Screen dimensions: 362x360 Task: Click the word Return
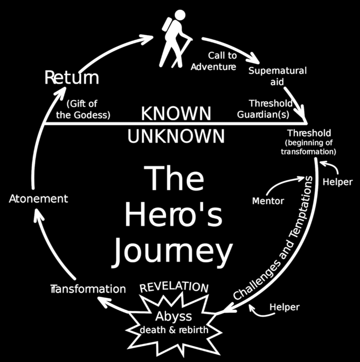click(72, 78)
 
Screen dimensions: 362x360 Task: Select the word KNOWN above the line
click(176, 114)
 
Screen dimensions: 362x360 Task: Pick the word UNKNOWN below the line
click(176, 136)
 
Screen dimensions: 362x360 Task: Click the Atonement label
click(38, 199)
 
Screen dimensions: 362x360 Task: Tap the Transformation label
click(88, 289)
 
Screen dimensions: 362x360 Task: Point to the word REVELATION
click(174, 287)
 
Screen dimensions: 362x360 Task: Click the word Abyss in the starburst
click(174, 316)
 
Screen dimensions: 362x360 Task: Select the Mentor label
click(268, 201)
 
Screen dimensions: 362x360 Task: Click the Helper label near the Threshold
click(338, 182)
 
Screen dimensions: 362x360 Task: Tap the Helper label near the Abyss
click(284, 307)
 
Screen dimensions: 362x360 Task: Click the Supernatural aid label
click(277, 75)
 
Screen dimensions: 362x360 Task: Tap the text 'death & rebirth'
click(174, 330)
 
